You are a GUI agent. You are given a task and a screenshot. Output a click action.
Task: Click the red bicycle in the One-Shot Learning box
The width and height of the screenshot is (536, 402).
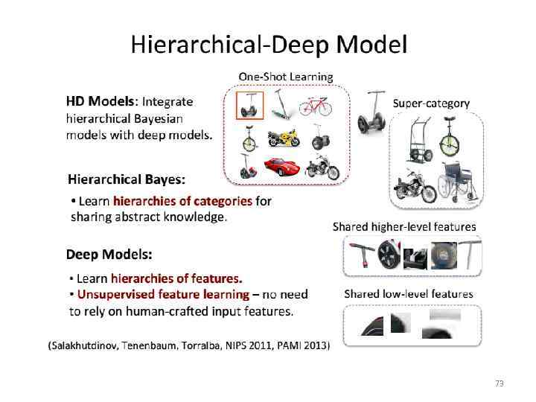(314, 106)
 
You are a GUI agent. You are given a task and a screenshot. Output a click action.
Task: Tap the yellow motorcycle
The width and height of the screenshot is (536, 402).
(283, 137)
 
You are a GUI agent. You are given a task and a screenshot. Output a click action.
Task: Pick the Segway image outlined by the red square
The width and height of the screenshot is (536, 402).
(249, 105)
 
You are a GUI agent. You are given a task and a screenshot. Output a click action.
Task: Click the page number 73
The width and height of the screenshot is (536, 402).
(499, 383)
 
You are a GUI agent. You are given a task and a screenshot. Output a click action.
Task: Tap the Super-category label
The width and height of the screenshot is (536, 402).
(431, 103)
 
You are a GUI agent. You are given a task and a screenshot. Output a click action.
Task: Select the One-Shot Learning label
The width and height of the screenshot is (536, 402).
(286, 77)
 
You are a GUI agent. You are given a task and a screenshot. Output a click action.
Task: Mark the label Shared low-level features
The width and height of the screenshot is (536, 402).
(408, 294)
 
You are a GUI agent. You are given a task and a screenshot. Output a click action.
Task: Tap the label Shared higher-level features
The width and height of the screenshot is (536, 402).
(404, 226)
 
